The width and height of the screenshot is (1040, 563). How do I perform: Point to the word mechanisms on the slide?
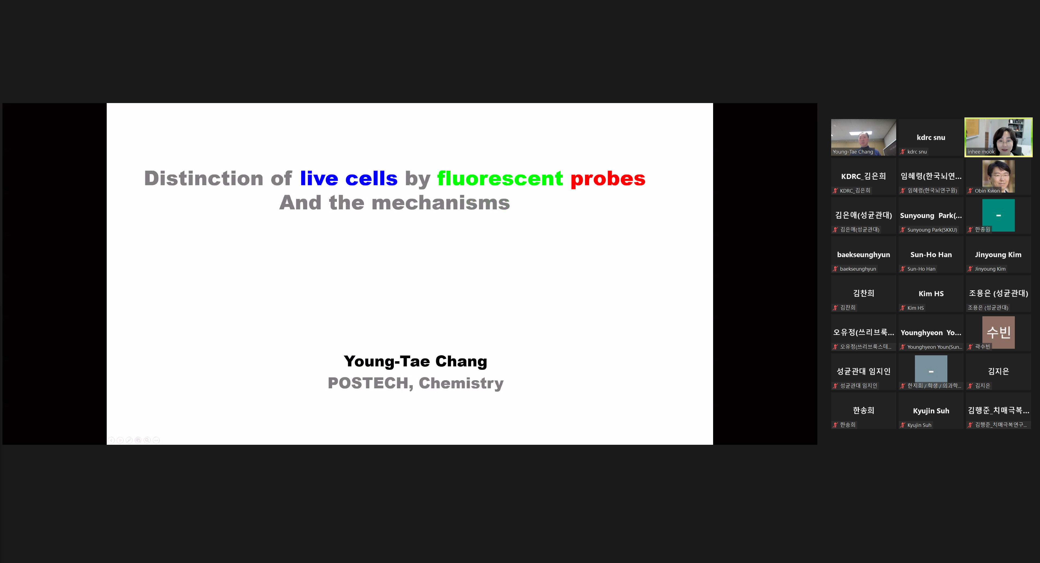point(440,203)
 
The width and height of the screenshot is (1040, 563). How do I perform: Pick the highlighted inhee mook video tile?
point(998,137)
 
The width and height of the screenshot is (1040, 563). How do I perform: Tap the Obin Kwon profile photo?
point(998,176)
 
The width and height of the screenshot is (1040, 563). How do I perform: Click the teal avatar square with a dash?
point(998,215)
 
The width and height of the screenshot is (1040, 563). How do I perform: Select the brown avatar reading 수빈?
point(998,332)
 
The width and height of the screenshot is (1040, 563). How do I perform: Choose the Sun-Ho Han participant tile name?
point(931,255)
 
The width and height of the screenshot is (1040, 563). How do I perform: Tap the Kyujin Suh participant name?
point(931,411)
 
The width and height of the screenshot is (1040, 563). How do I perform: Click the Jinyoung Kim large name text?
point(998,255)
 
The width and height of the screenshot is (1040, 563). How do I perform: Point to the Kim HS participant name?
point(931,294)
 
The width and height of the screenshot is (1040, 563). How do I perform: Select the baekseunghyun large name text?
point(864,255)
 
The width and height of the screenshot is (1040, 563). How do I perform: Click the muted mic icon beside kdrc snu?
point(903,152)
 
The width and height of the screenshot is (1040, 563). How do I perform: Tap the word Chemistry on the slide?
point(461,383)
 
